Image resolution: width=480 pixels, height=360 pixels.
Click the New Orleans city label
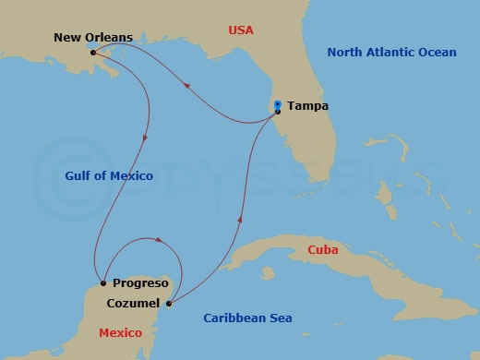[x=93, y=38]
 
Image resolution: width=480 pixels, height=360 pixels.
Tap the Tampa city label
[x=307, y=106]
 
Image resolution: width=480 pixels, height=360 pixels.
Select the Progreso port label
[x=139, y=283]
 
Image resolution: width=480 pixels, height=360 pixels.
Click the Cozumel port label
[x=132, y=303]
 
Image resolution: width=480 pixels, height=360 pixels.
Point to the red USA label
[x=241, y=30]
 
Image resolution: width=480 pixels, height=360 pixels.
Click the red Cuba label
[x=323, y=250]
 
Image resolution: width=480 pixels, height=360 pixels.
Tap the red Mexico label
[x=120, y=332]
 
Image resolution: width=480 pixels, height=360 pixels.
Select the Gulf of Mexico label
[x=109, y=175]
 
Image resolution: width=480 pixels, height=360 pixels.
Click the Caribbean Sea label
[x=247, y=318]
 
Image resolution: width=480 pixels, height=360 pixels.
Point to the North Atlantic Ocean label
[x=391, y=53]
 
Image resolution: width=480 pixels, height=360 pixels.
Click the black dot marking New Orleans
[x=93, y=53]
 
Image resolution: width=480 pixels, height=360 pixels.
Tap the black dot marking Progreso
[x=102, y=283]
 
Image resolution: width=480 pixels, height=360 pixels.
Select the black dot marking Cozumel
[x=168, y=302]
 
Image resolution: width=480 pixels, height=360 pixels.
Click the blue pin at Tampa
[x=278, y=106]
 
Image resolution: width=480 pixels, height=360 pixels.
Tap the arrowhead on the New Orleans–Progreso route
[x=145, y=138]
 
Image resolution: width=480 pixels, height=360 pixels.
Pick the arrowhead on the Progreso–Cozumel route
[x=161, y=241]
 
